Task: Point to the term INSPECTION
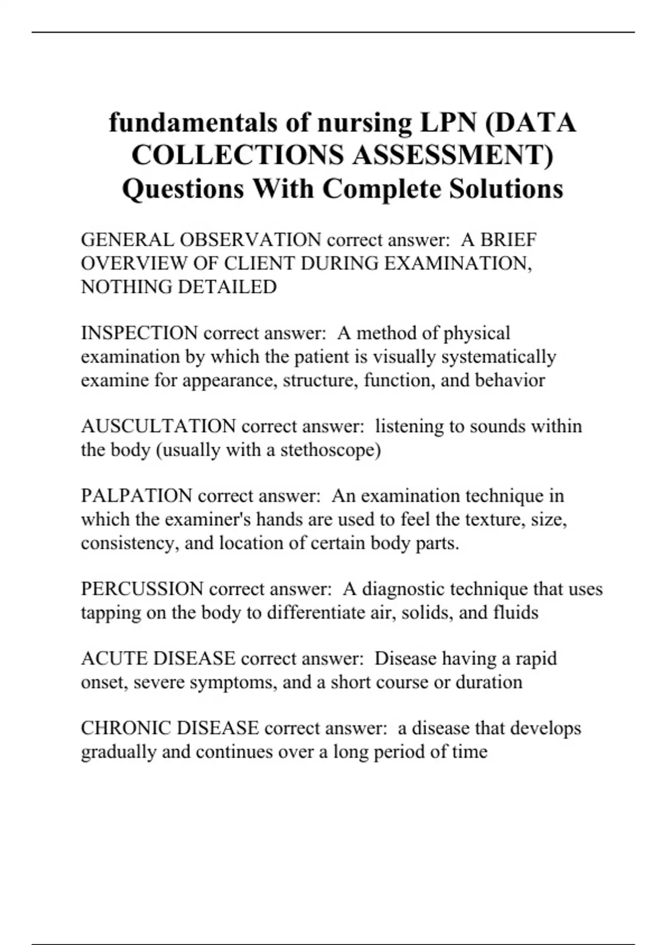[x=139, y=333]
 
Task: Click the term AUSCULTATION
[x=158, y=426]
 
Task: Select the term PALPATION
[x=136, y=496]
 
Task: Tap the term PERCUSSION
[x=142, y=589]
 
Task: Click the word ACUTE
[x=114, y=659]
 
